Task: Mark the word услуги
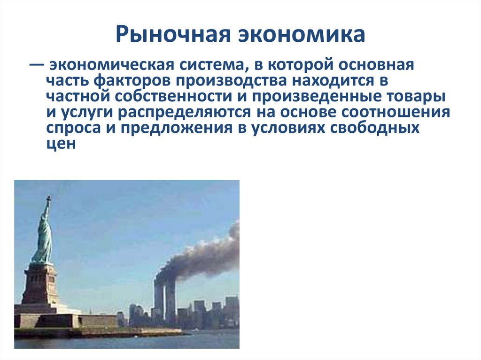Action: pyautogui.click(x=88, y=113)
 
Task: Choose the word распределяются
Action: pyautogui.click(x=194, y=113)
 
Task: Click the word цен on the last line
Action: pyautogui.click(x=61, y=144)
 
